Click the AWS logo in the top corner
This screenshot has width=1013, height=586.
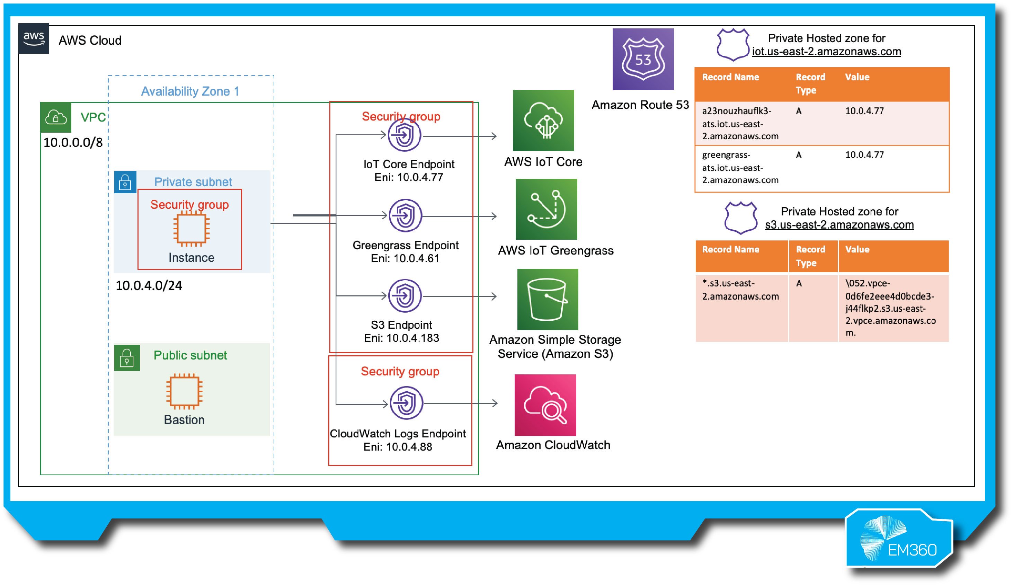click(34, 38)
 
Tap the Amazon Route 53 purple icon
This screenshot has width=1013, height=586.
click(643, 59)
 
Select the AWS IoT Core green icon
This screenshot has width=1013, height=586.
click(543, 120)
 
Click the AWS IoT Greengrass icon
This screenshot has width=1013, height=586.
click(546, 209)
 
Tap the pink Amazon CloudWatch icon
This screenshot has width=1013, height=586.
click(545, 405)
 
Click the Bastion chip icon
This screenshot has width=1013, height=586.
click(185, 390)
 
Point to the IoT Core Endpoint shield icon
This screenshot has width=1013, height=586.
click(405, 135)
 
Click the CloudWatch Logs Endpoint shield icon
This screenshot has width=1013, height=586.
click(406, 403)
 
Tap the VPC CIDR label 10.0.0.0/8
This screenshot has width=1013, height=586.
click(73, 142)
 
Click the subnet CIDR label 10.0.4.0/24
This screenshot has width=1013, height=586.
click(149, 285)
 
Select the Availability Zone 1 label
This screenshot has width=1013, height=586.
click(190, 91)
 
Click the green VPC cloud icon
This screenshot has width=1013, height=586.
click(56, 117)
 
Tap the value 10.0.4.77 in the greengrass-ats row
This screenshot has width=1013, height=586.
click(864, 155)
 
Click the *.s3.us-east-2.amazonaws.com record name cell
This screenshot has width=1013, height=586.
click(740, 290)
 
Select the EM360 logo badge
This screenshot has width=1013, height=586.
click(900, 539)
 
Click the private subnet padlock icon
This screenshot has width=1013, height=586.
click(125, 182)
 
